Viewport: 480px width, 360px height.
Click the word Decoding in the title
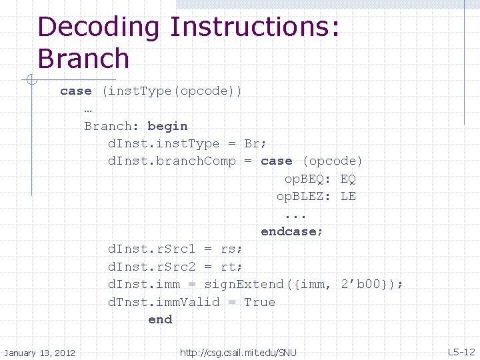tap(99, 28)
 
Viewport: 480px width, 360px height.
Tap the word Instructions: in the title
tap(255, 28)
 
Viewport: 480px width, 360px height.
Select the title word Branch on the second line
tap(83, 59)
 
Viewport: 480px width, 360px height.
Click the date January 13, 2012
tap(39, 352)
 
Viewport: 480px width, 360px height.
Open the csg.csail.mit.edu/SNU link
tap(238, 352)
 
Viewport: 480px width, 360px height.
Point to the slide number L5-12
tap(461, 351)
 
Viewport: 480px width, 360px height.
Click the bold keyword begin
tap(167, 126)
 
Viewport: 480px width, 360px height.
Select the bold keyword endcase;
tap(292, 231)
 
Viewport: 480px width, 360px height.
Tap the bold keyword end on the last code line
tap(160, 319)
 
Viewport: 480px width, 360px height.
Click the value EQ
tap(348, 179)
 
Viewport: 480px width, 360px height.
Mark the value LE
tap(348, 196)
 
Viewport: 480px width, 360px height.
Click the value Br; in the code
tap(255, 143)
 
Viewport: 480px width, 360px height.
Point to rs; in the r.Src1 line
tap(231, 249)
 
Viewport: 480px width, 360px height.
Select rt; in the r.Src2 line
tap(231, 267)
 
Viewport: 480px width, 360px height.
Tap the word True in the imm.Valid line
tap(259, 302)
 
